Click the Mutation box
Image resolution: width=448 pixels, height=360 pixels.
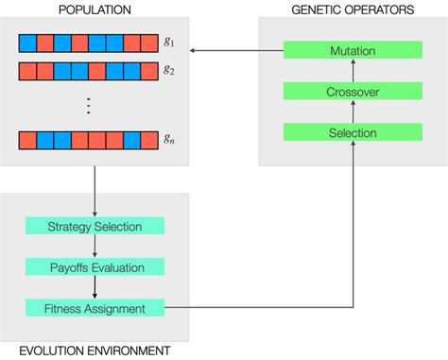(x=352, y=49)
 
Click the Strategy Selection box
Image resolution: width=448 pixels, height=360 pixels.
(x=95, y=226)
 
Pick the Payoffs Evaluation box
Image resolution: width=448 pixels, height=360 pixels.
(x=95, y=267)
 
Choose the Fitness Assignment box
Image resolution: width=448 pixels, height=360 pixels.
(x=95, y=308)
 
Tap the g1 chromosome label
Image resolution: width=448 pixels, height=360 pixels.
(x=168, y=43)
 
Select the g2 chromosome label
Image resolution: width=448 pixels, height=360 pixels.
(x=168, y=69)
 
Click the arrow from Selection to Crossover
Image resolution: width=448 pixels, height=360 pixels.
(x=352, y=111)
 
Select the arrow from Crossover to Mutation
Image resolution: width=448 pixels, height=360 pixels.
(x=352, y=70)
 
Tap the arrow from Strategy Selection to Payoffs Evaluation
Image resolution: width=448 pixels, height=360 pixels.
(x=95, y=247)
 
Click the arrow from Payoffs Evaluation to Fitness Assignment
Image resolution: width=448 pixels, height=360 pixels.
(x=95, y=288)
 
